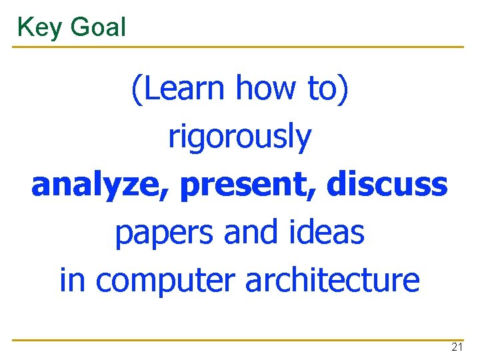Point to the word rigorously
(239, 137)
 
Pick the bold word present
(246, 185)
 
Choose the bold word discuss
(387, 184)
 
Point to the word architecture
(332, 280)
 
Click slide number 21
(457, 347)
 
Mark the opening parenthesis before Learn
(136, 89)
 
